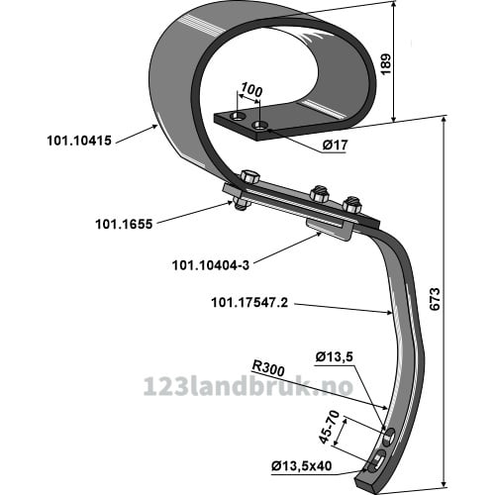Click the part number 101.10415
click(x=79, y=141)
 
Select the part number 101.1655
click(x=124, y=225)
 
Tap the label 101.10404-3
click(x=211, y=265)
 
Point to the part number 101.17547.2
click(x=249, y=302)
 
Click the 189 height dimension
click(x=386, y=63)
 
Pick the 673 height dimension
click(x=436, y=299)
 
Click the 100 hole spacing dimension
click(x=251, y=90)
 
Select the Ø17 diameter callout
click(x=335, y=145)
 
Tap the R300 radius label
click(x=268, y=368)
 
